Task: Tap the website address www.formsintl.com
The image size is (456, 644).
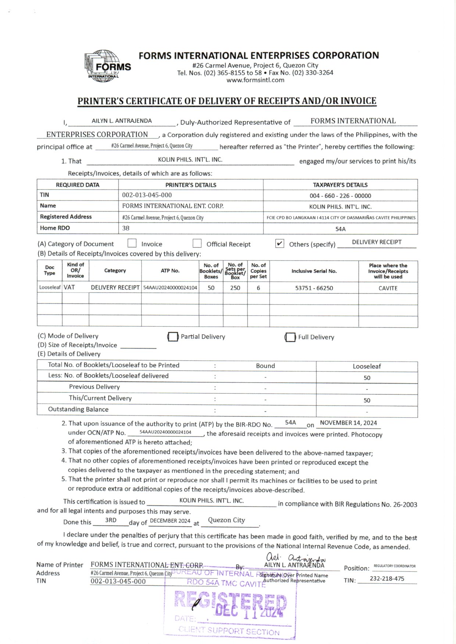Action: [255, 80]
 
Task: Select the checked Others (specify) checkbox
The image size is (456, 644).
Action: [279, 244]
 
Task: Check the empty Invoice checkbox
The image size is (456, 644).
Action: [132, 243]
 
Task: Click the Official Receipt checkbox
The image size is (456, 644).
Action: [197, 243]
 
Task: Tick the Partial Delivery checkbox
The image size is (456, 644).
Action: [172, 337]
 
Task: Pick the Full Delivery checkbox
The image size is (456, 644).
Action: [290, 337]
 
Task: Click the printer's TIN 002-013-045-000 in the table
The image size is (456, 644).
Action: [147, 195]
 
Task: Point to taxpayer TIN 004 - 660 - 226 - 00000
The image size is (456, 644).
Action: [340, 196]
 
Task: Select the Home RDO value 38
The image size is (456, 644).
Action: [126, 228]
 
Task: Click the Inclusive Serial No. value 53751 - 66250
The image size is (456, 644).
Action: [314, 288]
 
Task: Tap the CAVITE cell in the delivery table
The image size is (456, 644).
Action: [388, 288]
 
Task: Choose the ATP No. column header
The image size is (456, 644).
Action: [170, 271]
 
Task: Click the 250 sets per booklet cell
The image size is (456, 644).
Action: [235, 288]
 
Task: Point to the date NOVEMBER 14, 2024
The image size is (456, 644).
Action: [348, 423]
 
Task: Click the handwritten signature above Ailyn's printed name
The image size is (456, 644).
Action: [296, 558]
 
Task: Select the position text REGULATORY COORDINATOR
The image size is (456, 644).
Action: [395, 566]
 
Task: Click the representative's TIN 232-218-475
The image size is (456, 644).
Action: [387, 579]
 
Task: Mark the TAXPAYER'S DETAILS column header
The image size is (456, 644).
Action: [340, 185]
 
